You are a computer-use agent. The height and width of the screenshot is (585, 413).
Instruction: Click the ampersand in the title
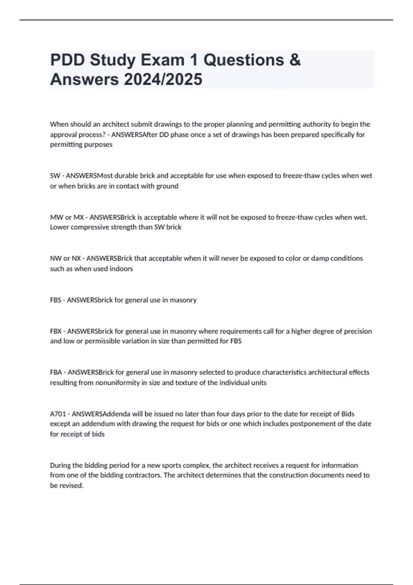point(295,60)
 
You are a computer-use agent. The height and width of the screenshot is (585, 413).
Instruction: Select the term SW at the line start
point(55,176)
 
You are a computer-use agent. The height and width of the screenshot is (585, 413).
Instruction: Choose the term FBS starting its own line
point(55,300)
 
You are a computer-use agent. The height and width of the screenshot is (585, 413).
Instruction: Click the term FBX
point(56,331)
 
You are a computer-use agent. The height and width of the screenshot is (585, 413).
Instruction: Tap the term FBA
point(56,372)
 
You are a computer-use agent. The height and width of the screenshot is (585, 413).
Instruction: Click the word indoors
point(121,269)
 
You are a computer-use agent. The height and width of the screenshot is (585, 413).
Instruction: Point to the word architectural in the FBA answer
point(328,372)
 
